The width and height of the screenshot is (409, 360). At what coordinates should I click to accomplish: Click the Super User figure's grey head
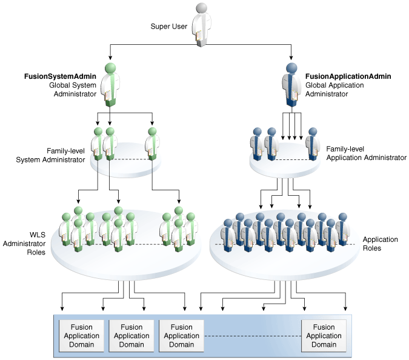tap(201, 8)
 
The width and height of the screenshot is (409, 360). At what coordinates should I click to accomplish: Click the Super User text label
tap(169, 26)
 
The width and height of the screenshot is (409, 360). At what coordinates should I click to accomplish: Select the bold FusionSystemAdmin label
tap(60, 76)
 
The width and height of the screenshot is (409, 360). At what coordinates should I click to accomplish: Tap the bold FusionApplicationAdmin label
tap(348, 76)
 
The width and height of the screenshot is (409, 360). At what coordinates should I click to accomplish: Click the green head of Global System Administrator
tap(110, 68)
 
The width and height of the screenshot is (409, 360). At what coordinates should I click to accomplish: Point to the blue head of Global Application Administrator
tap(291, 68)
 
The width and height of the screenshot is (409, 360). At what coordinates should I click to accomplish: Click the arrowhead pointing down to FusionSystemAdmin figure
tap(110, 58)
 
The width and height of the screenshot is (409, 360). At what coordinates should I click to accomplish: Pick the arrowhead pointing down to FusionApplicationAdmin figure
tap(291, 58)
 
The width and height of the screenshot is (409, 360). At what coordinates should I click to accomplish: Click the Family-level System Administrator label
tap(50, 155)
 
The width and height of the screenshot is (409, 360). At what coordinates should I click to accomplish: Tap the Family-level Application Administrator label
tap(366, 153)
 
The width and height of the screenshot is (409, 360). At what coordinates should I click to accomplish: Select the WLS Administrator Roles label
tap(24, 244)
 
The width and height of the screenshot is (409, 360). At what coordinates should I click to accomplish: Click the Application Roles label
tap(381, 244)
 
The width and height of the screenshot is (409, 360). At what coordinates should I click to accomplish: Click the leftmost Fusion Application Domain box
tap(81, 336)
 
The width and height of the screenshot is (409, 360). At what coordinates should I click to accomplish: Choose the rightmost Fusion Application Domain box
tap(324, 336)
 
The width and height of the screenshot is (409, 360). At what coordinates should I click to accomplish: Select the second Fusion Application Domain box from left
tap(131, 336)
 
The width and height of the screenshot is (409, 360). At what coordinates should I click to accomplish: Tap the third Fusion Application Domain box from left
tap(181, 336)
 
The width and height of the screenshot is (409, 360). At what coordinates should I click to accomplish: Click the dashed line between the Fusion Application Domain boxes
tap(253, 336)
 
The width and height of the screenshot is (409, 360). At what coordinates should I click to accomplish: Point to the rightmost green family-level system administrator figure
tap(152, 144)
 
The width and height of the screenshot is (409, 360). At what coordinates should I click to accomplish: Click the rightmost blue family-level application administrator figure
tap(313, 144)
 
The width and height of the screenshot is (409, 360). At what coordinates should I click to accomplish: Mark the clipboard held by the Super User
tap(199, 35)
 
